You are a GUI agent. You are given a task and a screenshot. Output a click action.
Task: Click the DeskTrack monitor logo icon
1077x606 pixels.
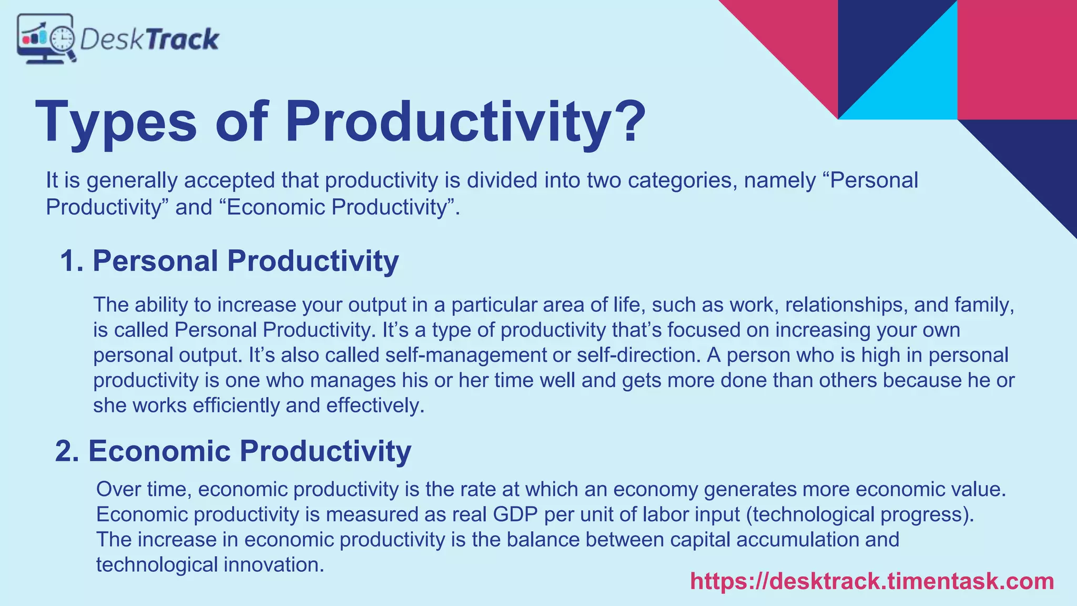click(46, 39)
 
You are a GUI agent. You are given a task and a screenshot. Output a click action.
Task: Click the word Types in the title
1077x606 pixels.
click(116, 123)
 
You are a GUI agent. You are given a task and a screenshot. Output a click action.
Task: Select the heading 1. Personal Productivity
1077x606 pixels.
click(229, 261)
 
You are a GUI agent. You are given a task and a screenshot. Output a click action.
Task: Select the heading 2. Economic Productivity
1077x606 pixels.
click(233, 451)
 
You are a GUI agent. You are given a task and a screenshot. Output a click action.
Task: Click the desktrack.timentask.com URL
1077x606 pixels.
click(872, 581)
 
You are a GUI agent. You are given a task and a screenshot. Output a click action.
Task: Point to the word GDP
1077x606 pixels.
click(515, 514)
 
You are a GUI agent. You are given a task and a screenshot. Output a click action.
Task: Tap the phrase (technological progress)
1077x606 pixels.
click(860, 514)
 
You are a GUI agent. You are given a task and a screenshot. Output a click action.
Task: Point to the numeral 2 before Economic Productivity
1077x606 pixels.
click(66, 451)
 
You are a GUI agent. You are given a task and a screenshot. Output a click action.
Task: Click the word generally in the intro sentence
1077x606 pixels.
click(131, 180)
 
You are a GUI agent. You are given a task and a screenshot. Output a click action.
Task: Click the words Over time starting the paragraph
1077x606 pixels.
click(143, 490)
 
